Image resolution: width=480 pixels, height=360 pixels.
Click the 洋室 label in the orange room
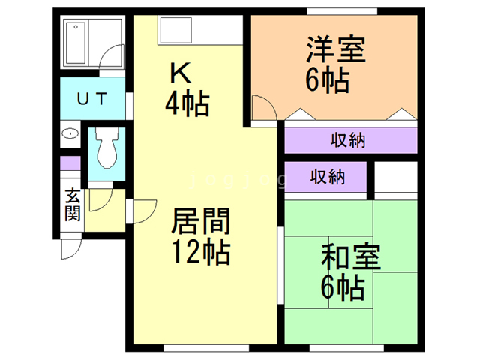335,50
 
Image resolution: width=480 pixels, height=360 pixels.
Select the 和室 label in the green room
351,258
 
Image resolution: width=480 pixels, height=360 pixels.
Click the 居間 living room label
200,222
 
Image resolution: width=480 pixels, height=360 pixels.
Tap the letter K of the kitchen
179,73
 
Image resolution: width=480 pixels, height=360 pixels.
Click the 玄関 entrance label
73,204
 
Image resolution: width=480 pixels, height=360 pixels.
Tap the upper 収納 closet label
349,140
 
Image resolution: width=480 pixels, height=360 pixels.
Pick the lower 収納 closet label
327,178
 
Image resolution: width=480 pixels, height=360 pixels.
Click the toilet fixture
105,149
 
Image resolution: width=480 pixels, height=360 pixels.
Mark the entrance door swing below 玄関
69,248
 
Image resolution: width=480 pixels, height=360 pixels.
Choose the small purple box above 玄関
70,163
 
